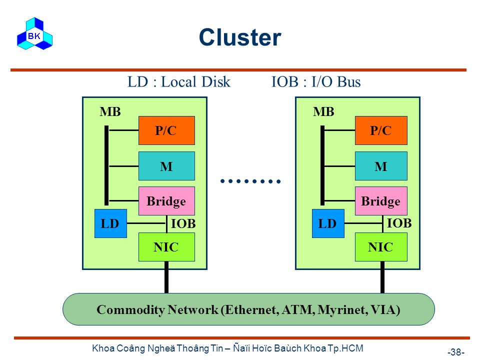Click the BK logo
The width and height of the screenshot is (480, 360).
click(34, 33)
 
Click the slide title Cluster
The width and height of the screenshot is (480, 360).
click(240, 37)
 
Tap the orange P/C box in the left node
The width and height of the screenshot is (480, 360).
click(166, 130)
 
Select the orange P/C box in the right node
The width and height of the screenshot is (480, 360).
click(381, 130)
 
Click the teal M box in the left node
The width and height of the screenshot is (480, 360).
click(166, 166)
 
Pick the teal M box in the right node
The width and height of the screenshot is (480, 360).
click(381, 166)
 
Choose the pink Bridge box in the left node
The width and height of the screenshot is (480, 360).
click(166, 201)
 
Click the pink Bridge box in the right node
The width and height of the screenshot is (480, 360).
click(381, 201)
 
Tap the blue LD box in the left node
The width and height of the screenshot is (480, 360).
click(110, 223)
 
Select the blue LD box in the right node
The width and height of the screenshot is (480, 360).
click(328, 223)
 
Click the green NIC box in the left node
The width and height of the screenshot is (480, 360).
click(166, 247)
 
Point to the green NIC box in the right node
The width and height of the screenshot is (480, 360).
click(381, 247)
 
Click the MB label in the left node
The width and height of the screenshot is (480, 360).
click(110, 111)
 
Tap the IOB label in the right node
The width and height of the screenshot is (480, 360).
click(399, 223)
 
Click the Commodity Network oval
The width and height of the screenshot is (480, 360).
click(248, 309)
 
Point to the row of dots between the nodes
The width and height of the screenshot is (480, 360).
click(250, 181)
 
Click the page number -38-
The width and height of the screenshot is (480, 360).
click(456, 351)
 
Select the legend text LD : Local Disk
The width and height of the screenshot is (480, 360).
click(179, 81)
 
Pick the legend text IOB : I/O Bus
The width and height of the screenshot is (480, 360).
click(316, 81)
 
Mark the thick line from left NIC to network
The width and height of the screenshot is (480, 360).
click(166, 277)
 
